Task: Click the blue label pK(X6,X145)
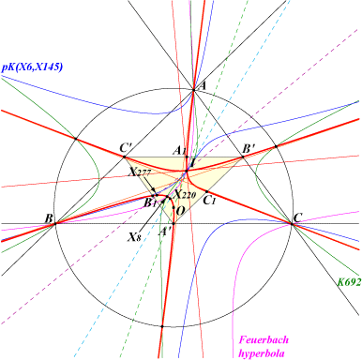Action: pyautogui.click(x=32, y=67)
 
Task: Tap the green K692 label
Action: pyautogui.click(x=349, y=282)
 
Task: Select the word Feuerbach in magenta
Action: pyautogui.click(x=264, y=339)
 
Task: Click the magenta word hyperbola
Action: pyautogui.click(x=262, y=353)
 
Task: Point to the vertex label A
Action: pyautogui.click(x=203, y=85)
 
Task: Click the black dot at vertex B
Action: pyautogui.click(x=55, y=223)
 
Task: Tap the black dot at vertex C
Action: pyautogui.click(x=292, y=223)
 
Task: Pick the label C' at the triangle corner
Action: pyautogui.click(x=127, y=148)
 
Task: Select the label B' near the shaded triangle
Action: pyautogui.click(x=249, y=149)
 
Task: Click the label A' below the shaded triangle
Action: pyautogui.click(x=165, y=232)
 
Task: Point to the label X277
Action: pyautogui.click(x=140, y=172)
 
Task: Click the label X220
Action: pyautogui.click(x=185, y=195)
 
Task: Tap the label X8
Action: pyautogui.click(x=133, y=237)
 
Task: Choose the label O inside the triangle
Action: pyautogui.click(x=180, y=211)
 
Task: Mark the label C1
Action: pyautogui.click(x=209, y=200)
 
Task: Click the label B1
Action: pyautogui.click(x=150, y=202)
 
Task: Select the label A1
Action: pyautogui.click(x=179, y=151)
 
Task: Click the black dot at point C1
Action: pyautogui.click(x=206, y=191)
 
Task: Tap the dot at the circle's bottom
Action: pyautogui.click(x=162, y=326)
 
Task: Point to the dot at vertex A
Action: pyautogui.click(x=193, y=90)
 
